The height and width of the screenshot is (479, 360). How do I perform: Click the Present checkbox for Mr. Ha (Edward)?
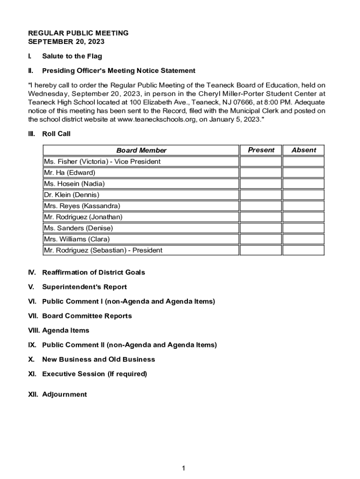pos(261,173)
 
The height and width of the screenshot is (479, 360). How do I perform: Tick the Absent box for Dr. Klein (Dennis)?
pos(303,195)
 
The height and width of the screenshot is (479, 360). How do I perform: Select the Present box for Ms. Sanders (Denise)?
pos(261,228)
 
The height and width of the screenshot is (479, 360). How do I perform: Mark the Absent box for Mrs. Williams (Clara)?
pos(303,239)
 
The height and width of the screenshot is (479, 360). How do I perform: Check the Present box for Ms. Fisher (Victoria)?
pos(261,161)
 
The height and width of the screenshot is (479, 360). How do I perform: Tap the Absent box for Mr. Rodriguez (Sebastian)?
pos(303,250)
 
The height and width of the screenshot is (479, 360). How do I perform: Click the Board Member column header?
pos(141,150)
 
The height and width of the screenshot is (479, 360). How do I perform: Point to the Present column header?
pos(261,150)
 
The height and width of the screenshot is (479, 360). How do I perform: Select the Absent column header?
pos(303,150)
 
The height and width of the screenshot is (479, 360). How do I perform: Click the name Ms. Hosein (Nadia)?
pos(74,184)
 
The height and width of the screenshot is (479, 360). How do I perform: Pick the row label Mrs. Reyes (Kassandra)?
pos(82,206)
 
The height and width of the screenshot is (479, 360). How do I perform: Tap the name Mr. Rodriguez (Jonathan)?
pos(83,217)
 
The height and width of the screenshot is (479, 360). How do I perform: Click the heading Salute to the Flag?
pos(72,56)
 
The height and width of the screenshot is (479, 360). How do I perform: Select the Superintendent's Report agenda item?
pos(84,287)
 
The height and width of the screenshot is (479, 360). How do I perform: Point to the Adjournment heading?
pos(64,394)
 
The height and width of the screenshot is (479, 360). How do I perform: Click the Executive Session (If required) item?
pos(94,374)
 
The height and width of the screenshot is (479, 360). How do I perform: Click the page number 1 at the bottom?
pos(184,468)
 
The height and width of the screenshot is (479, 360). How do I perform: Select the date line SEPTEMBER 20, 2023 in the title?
pos(66,42)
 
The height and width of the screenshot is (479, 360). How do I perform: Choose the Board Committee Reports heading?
pos(87,316)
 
